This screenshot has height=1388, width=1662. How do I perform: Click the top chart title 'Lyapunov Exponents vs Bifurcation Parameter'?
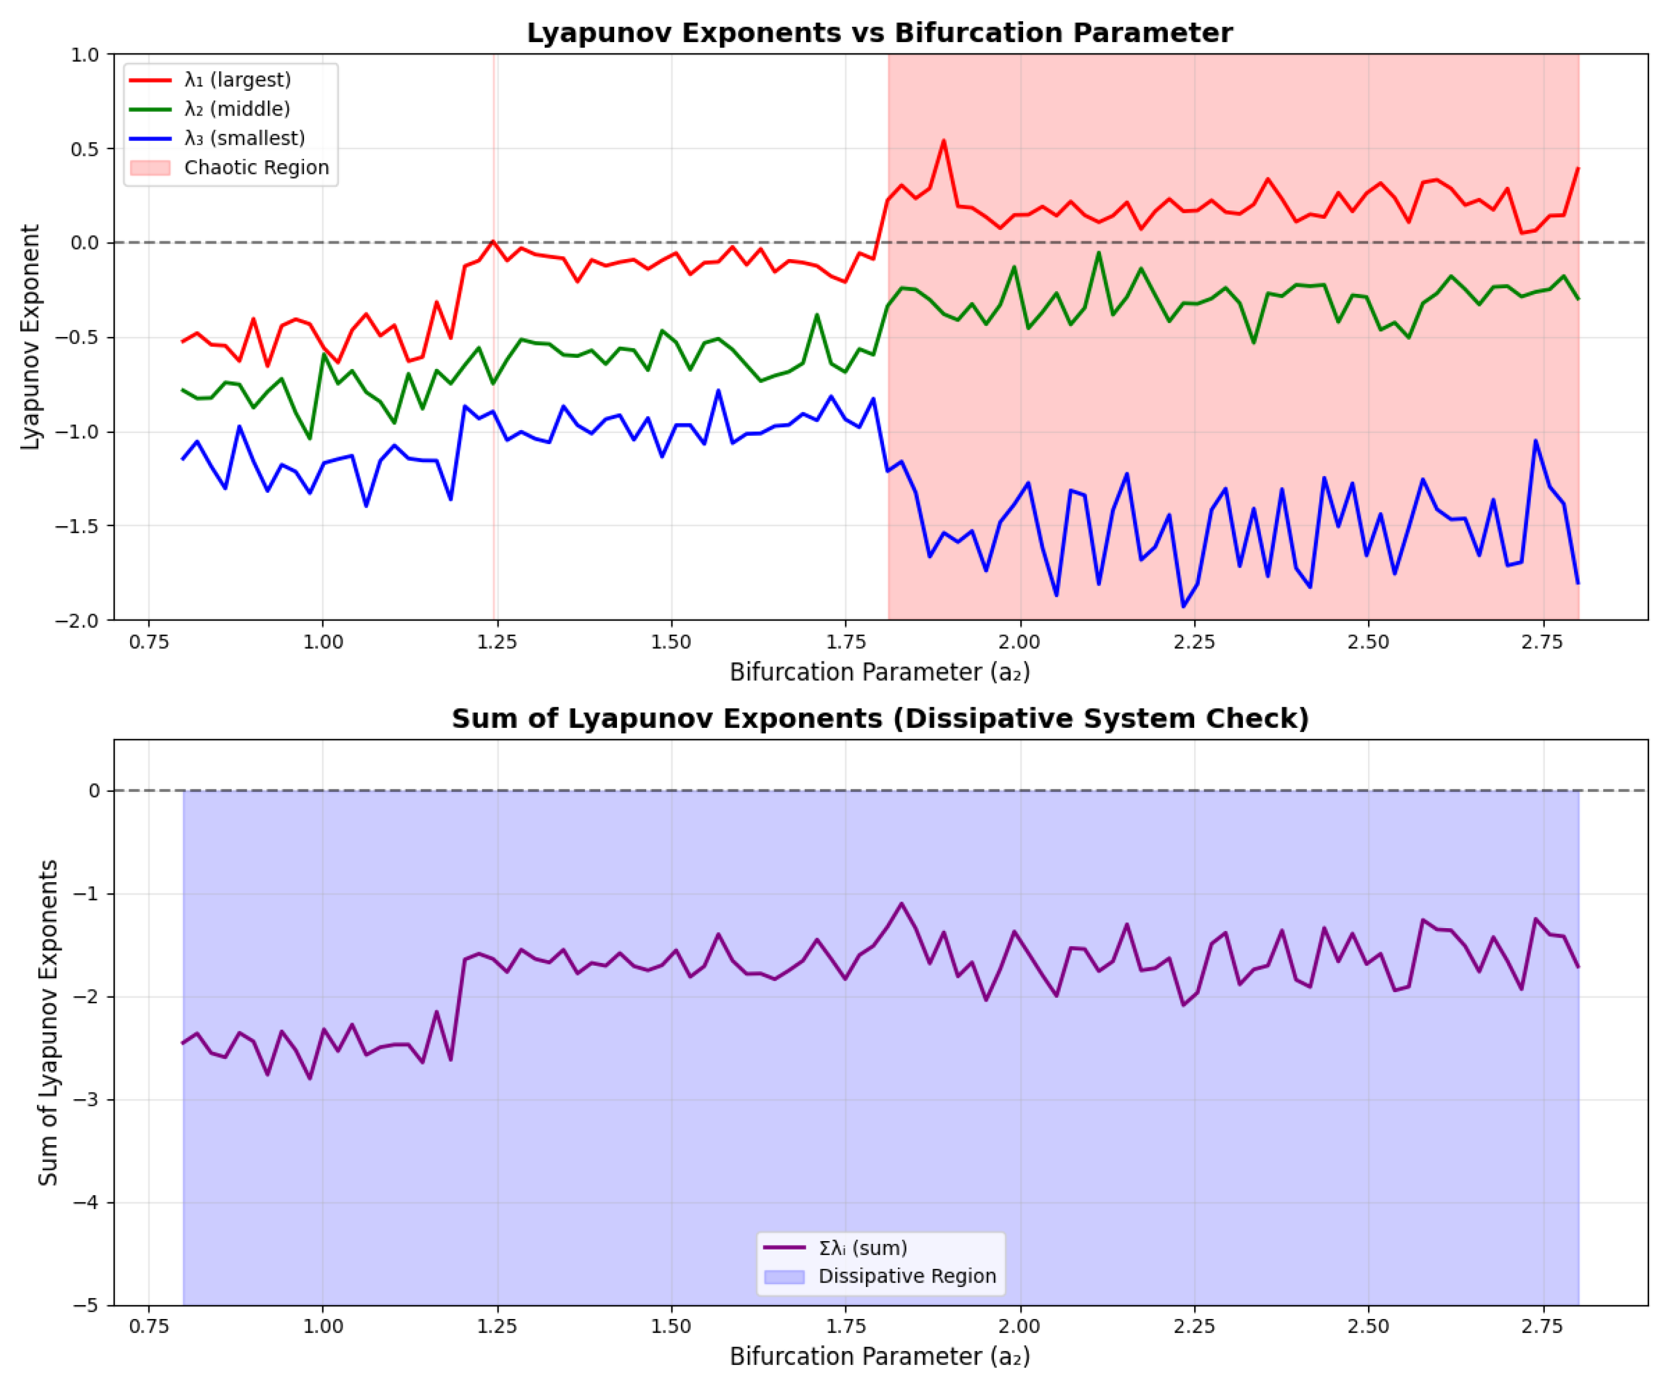coord(880,33)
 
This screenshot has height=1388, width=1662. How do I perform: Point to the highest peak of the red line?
coord(943,141)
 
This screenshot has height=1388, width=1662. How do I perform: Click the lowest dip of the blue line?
coord(1183,607)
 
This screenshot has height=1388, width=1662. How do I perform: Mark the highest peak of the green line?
coord(1098,252)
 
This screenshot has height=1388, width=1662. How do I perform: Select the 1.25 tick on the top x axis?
coord(496,642)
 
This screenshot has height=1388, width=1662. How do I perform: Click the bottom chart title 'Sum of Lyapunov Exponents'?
coord(880,718)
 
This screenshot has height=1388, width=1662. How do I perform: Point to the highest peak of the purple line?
coord(901,903)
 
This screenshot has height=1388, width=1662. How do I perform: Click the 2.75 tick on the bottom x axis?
coord(1542,1326)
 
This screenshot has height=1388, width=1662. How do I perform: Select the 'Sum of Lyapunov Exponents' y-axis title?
coord(48,1022)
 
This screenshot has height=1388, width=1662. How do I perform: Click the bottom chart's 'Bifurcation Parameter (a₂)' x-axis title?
coord(880,1357)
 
